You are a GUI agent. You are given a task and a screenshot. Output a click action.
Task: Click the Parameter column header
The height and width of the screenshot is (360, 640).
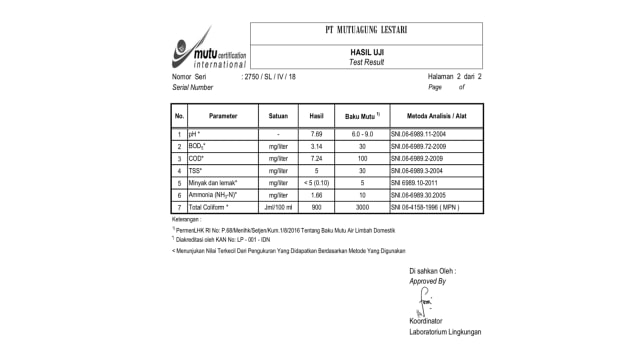[223, 116]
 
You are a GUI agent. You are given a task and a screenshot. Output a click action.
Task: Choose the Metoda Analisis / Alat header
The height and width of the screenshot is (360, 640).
[435, 116]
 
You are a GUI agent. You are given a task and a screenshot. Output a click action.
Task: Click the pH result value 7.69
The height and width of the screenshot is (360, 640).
[316, 133]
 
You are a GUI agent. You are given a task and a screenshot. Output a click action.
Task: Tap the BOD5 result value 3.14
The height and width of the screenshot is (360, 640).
[316, 146]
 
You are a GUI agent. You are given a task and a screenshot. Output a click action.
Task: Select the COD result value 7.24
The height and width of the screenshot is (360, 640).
[316, 158]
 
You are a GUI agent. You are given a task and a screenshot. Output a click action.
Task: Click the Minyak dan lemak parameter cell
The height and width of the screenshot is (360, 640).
[214, 182]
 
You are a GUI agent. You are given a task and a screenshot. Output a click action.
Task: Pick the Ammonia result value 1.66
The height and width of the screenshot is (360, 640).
[316, 194]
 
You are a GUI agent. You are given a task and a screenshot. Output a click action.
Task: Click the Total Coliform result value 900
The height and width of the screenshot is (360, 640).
[316, 206]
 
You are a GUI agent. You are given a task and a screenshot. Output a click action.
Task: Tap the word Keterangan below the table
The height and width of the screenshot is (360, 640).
[186, 217]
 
